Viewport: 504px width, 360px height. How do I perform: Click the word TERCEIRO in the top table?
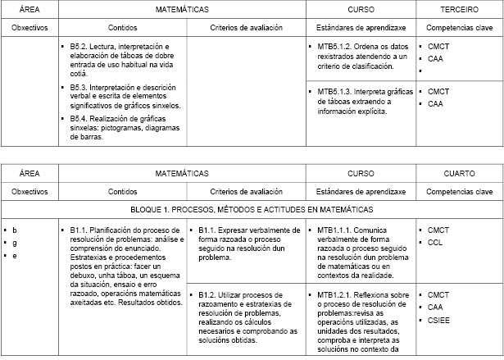click(x=460, y=10)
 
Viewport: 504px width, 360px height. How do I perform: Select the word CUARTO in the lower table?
click(x=460, y=174)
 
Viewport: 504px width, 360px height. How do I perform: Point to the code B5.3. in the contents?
click(x=82, y=86)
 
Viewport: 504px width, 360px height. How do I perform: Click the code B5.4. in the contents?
click(x=82, y=118)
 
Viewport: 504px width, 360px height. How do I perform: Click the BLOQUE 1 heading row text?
click(x=252, y=210)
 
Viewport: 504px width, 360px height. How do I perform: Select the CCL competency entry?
click(x=435, y=243)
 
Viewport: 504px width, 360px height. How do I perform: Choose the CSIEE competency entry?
click(x=439, y=319)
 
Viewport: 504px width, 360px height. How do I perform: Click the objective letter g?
click(x=14, y=244)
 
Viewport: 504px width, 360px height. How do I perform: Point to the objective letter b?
click(x=14, y=230)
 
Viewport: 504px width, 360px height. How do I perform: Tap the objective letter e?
click(x=14, y=256)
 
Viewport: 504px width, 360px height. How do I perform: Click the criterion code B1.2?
click(x=208, y=294)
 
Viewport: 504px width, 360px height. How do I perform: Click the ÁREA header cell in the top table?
click(x=30, y=10)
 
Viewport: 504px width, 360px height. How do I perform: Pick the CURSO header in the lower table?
click(x=361, y=174)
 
